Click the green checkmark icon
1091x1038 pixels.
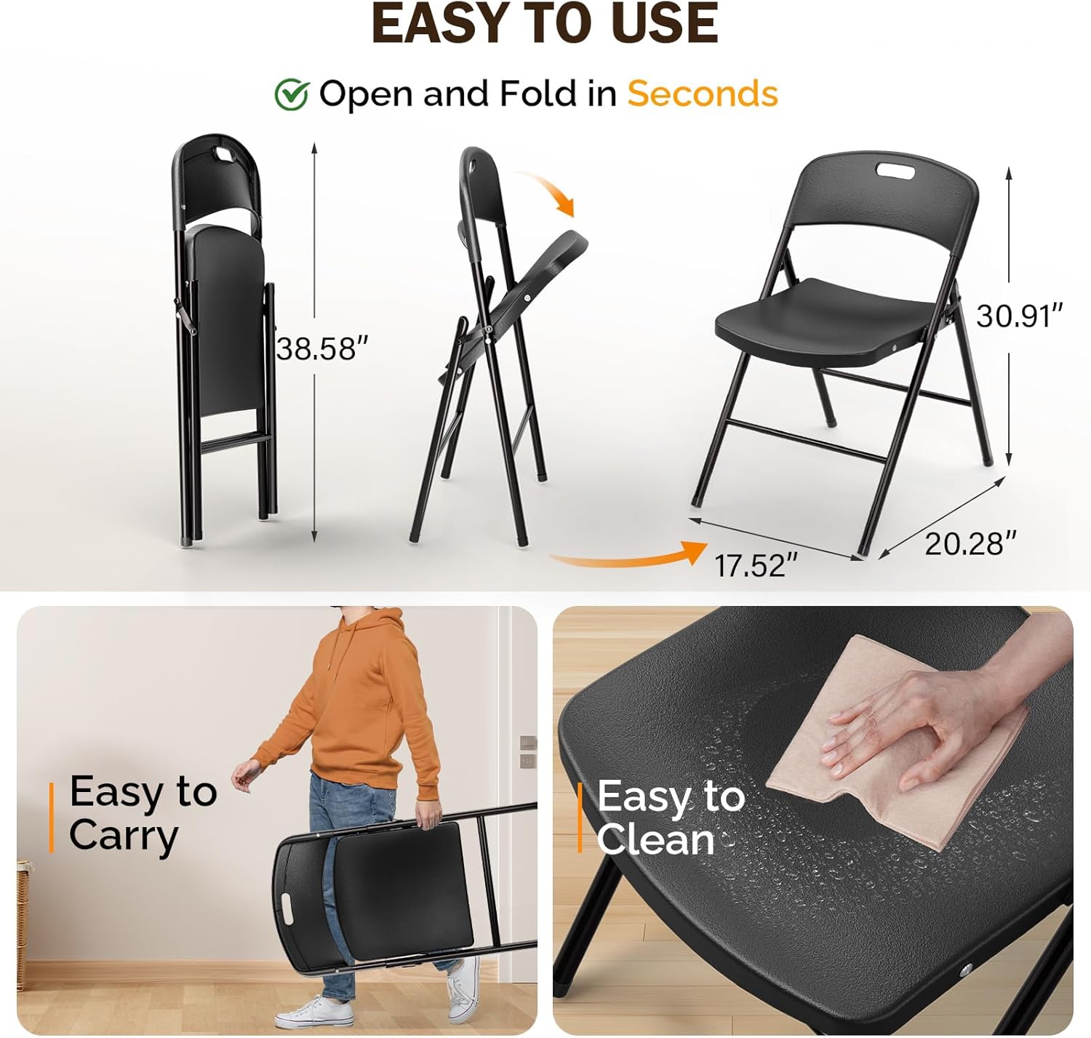click(292, 95)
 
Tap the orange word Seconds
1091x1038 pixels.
click(703, 94)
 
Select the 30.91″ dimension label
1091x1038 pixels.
click(1019, 316)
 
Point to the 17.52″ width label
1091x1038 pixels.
click(756, 565)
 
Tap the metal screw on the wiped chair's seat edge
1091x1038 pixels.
click(965, 970)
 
